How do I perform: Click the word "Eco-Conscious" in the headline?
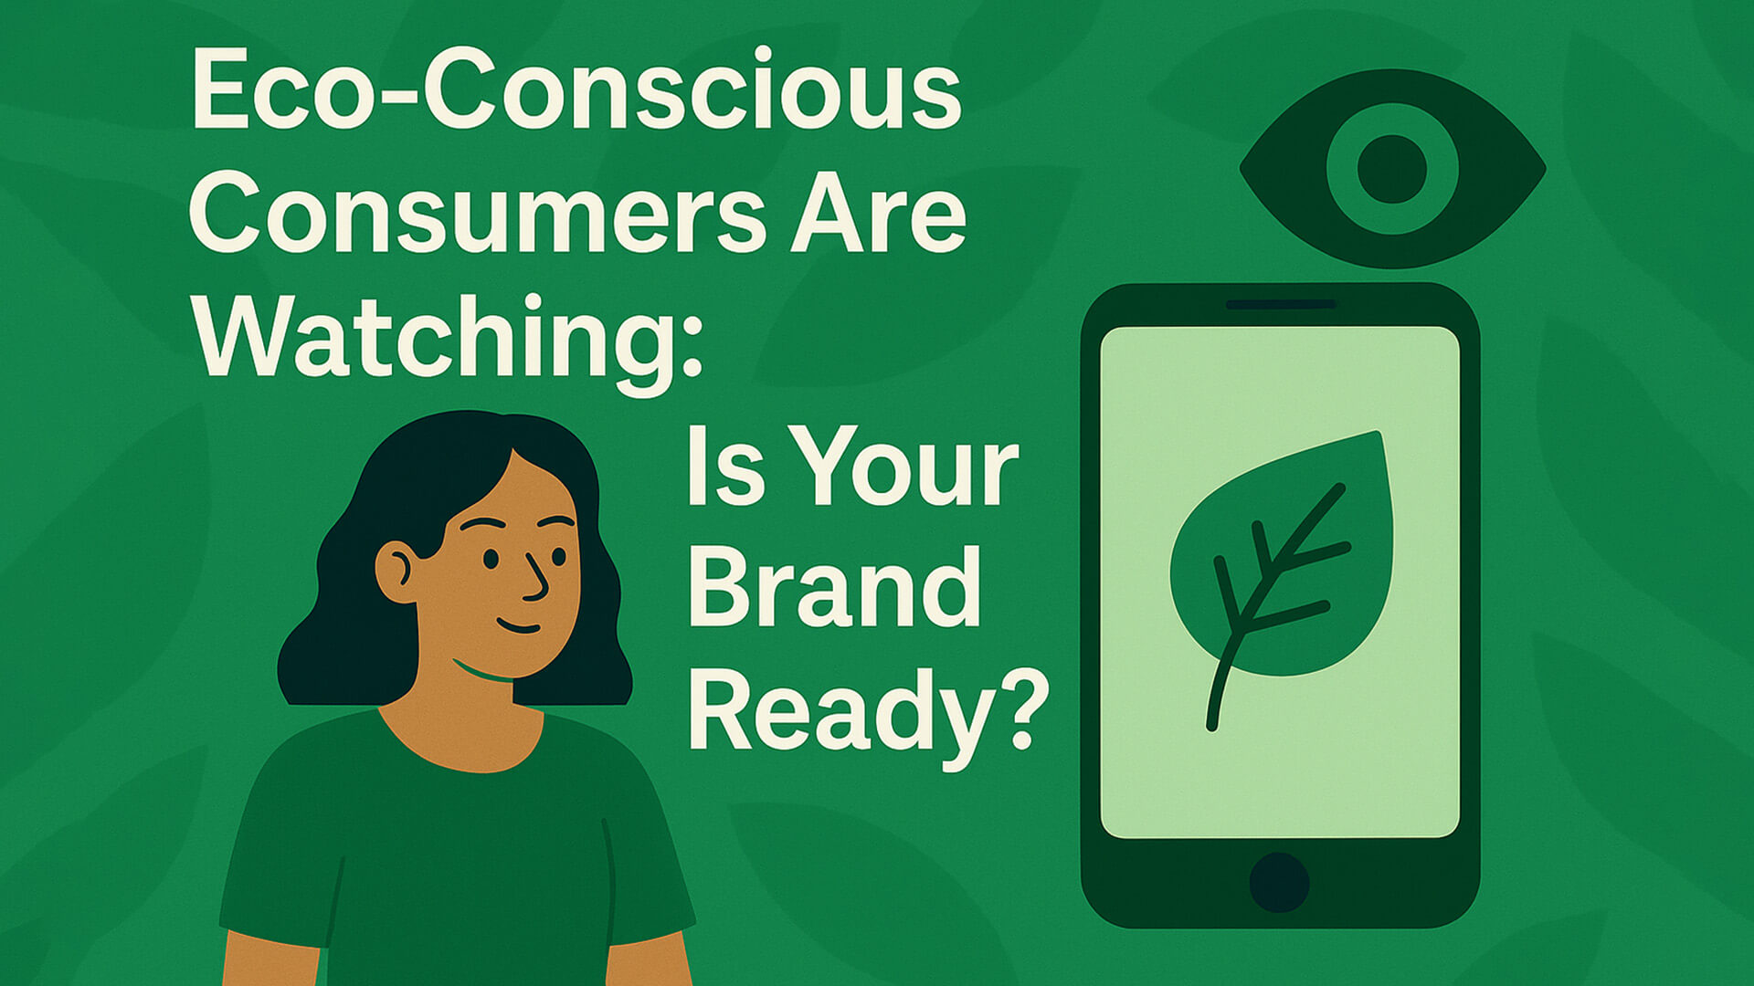pos(576,89)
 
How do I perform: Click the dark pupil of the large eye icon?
pos(1391,169)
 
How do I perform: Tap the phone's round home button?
pos(1279,883)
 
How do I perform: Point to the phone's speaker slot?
pos(1281,304)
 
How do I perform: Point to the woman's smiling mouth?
pos(518,626)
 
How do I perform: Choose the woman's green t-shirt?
pos(457,849)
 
